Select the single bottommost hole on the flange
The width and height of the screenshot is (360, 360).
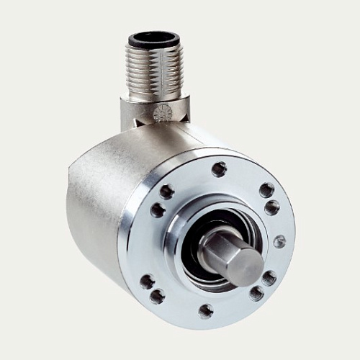(206, 311)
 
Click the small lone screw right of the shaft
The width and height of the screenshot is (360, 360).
(279, 242)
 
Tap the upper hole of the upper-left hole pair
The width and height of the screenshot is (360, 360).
(167, 192)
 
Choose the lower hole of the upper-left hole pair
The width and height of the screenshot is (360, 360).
(157, 210)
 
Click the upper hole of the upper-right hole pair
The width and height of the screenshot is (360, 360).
(266, 190)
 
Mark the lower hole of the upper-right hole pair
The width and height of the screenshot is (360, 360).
(272, 207)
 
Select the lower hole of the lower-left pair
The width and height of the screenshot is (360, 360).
(157, 296)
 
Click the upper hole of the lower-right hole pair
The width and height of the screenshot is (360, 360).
(269, 277)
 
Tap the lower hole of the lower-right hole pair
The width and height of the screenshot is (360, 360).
(256, 293)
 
